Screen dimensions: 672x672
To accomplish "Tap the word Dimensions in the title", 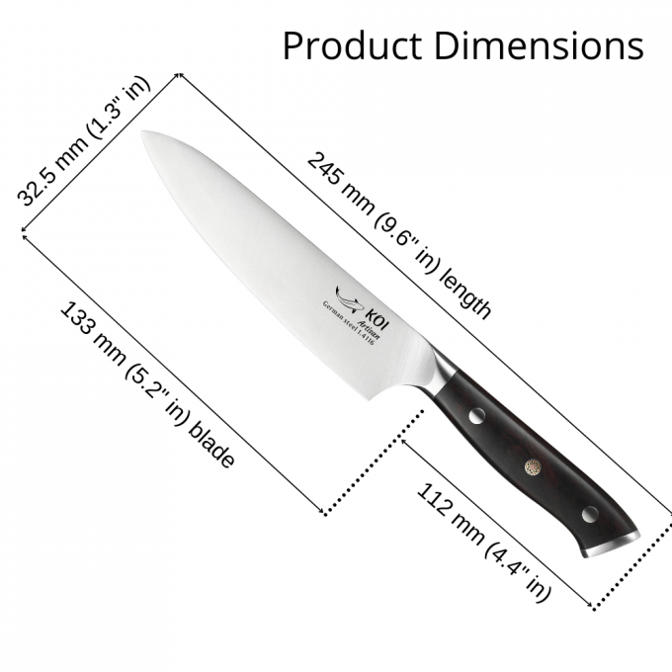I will pyautogui.click(x=534, y=45).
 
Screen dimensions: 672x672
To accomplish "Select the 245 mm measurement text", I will pyautogui.click(x=337, y=182).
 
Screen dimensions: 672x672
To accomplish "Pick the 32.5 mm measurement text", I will pyautogui.click(x=46, y=179).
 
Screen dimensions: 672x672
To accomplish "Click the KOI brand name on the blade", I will pyautogui.click(x=364, y=299).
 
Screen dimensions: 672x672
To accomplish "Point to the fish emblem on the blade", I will pyautogui.click(x=345, y=294).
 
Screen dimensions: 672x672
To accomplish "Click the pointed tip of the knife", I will pyautogui.click(x=143, y=133).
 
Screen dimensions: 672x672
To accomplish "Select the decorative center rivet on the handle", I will pyautogui.click(x=533, y=464).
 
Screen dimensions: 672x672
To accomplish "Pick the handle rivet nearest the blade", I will pyautogui.click(x=475, y=417).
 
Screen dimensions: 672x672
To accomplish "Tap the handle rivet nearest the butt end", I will pyautogui.click(x=589, y=513).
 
